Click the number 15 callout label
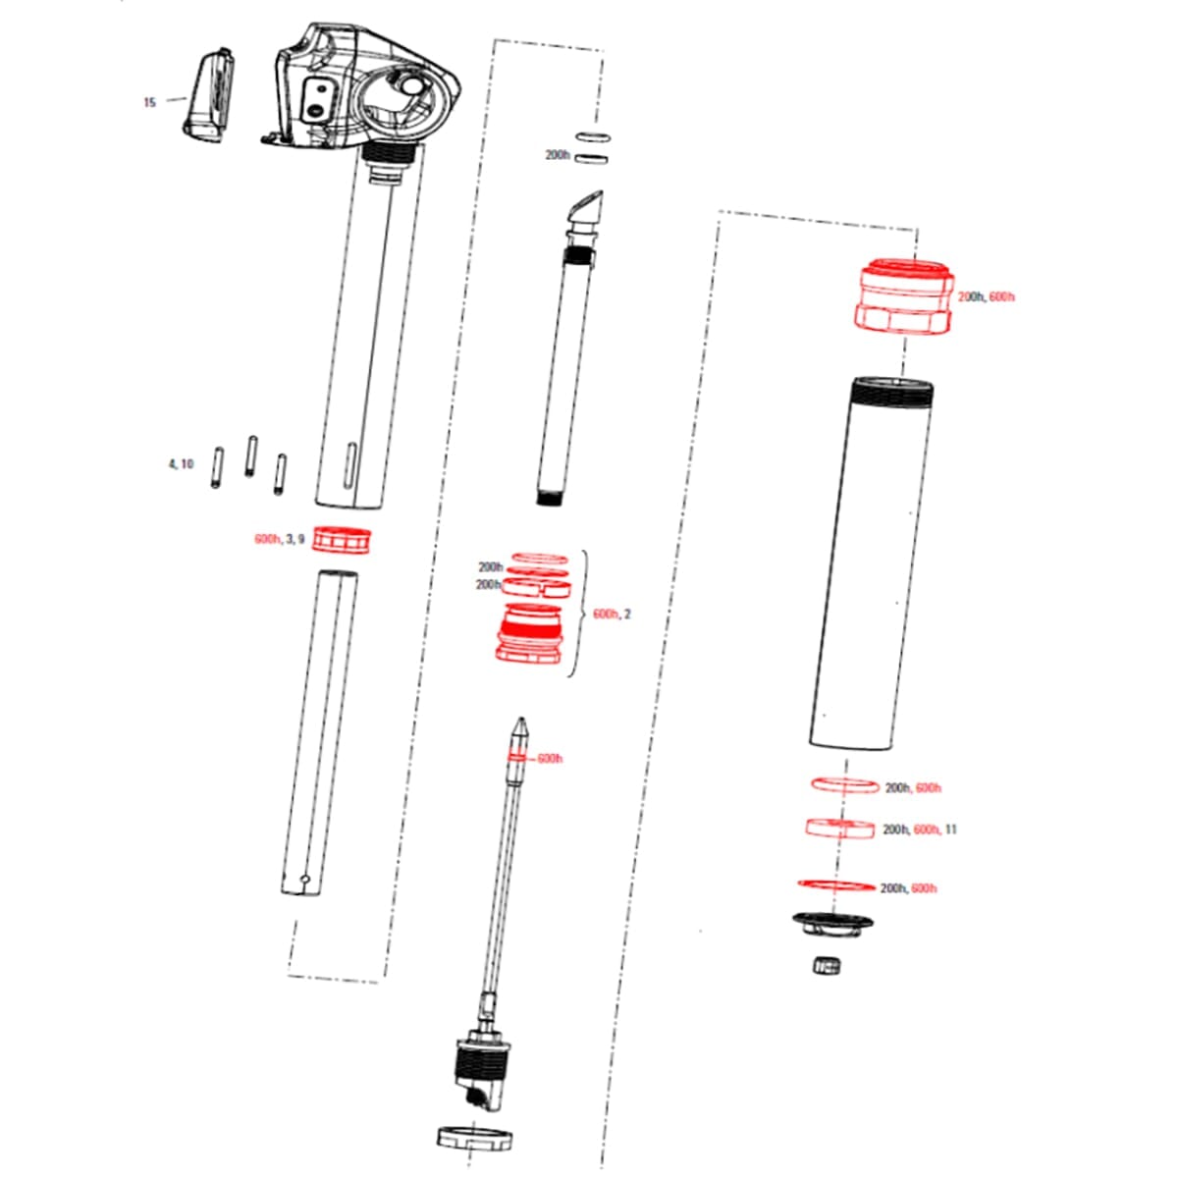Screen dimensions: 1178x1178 point(149,102)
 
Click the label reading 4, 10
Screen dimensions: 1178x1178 point(181,463)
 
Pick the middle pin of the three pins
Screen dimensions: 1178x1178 point(251,457)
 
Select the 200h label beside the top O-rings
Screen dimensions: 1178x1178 point(558,155)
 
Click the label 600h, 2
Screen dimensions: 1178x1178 point(613,614)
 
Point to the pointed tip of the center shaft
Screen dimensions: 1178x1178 point(520,728)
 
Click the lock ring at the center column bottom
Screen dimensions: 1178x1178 point(475,1139)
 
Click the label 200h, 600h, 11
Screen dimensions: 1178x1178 point(920,830)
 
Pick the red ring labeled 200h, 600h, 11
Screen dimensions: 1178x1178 point(839,828)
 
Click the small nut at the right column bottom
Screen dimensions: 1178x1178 point(828,966)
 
